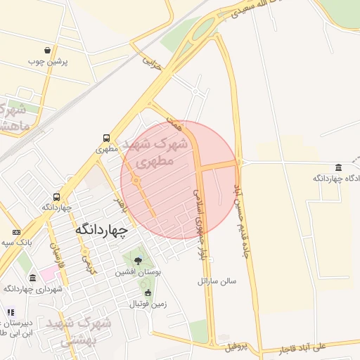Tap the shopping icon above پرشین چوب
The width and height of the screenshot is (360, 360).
point(47,51)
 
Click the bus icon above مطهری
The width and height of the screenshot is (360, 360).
point(105,139)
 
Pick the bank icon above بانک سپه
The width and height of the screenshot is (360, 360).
point(17,232)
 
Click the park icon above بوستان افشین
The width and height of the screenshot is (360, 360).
point(137,261)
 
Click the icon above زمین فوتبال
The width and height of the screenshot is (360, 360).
point(148,293)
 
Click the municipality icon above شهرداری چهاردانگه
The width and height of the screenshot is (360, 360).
point(33,278)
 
